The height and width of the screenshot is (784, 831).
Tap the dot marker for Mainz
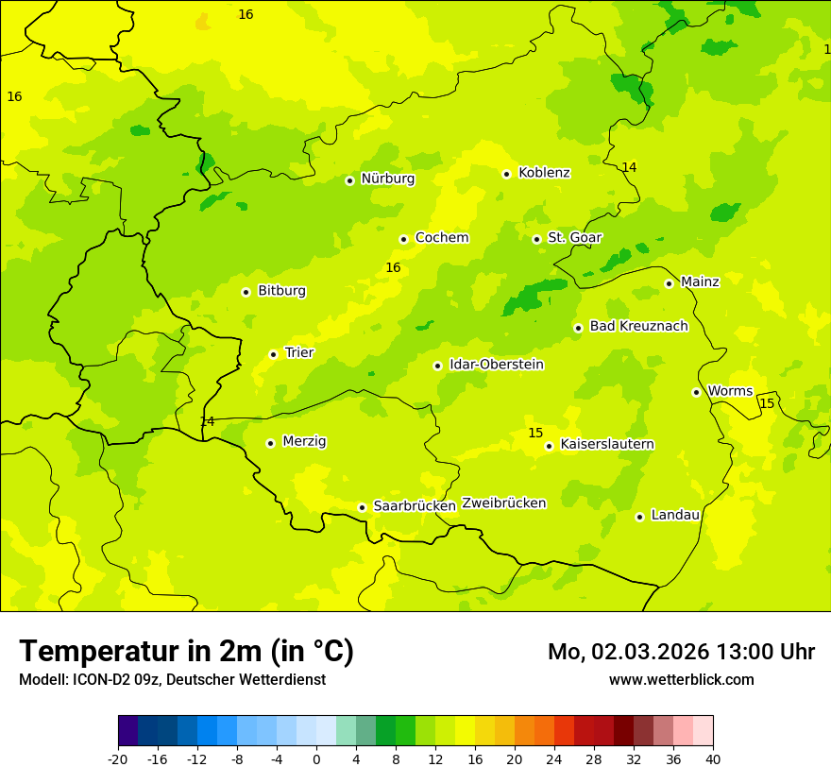click(669, 283)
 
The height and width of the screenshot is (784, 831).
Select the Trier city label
click(299, 353)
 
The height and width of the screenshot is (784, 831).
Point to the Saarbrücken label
click(415, 506)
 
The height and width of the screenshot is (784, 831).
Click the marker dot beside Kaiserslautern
click(549, 446)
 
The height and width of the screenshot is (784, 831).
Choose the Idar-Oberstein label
click(497, 365)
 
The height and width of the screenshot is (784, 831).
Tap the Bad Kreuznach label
click(638, 327)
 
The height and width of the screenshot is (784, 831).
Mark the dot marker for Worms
click(696, 392)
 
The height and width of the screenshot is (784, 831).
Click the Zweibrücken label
click(504, 503)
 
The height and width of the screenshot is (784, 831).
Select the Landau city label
click(675, 516)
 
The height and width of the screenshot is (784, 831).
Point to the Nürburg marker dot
click(349, 180)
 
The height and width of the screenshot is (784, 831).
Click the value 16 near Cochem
click(393, 268)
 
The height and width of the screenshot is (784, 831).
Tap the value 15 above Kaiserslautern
click(535, 434)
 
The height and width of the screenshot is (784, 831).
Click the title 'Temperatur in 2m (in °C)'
click(186, 652)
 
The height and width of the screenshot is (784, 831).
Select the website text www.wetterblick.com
click(681, 680)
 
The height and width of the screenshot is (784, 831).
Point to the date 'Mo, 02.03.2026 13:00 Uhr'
click(681, 652)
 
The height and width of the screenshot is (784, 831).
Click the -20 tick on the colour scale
click(118, 758)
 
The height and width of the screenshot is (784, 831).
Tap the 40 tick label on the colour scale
click(713, 758)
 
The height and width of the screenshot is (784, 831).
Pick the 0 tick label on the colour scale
click(316, 758)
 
